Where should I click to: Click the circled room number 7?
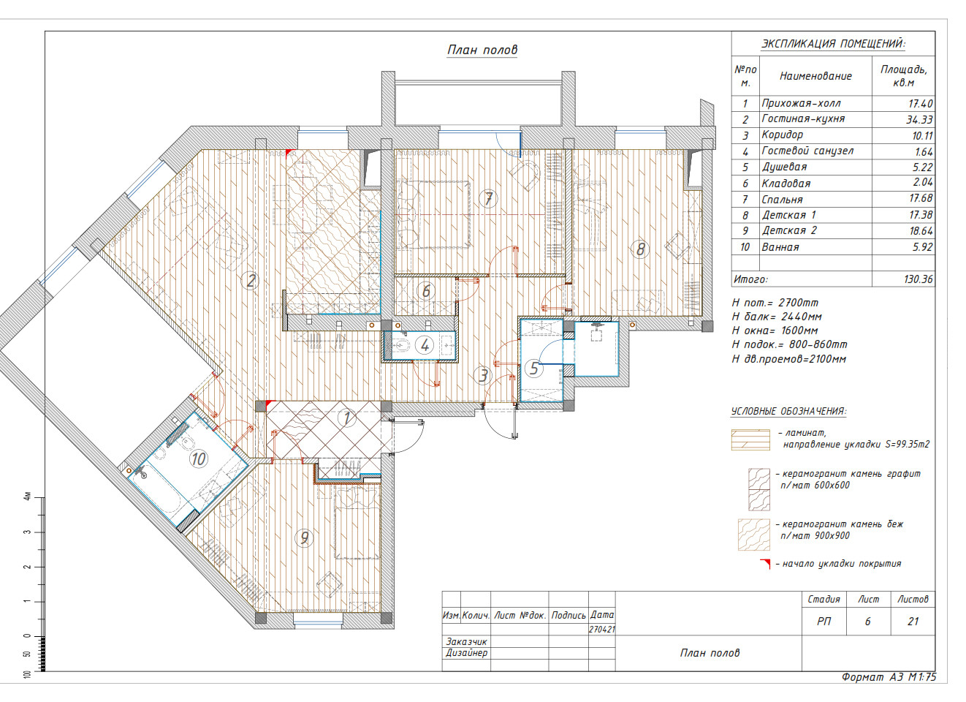489,199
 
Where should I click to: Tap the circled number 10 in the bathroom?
198,458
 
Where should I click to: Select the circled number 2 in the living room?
251,281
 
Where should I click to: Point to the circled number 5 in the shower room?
534,369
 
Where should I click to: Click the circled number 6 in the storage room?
426,291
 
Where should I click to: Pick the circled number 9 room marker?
305,537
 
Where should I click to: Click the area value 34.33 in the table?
919,119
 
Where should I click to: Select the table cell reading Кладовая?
786,184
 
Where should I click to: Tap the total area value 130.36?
918,279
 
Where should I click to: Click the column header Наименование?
815,76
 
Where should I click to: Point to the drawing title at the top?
482,50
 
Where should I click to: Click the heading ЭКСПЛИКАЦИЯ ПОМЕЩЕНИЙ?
833,44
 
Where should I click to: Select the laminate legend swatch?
750,439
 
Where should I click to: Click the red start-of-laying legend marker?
766,564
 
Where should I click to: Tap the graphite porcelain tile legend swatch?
759,490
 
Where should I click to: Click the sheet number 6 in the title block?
867,622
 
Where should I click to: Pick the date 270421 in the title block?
602,630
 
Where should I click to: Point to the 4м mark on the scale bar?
28,497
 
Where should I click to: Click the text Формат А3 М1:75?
889,677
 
